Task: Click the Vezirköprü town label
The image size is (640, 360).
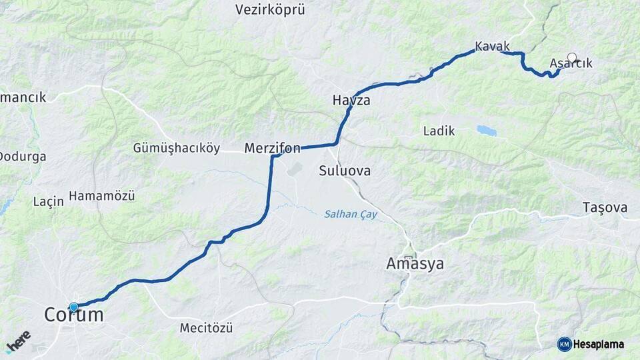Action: point(270,9)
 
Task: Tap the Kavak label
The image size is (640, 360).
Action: point(492,46)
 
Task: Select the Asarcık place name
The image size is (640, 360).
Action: point(571,63)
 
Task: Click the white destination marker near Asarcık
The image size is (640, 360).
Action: point(571,57)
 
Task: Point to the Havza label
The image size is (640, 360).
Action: point(351,101)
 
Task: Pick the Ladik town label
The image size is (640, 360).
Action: point(439,131)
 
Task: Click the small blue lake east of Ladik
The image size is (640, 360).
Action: point(486,131)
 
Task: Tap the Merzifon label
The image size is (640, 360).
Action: point(272,147)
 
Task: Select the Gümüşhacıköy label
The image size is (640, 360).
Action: point(176,147)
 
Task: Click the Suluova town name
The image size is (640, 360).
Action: point(345,171)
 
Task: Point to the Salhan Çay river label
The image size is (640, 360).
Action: point(351,214)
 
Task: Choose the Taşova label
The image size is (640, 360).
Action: point(605,207)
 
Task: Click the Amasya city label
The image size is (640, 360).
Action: point(415,264)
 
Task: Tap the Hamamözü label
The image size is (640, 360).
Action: point(102,196)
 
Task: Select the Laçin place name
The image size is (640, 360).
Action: point(48,201)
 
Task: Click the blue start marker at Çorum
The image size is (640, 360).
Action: point(73,307)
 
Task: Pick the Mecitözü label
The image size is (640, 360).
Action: point(206,328)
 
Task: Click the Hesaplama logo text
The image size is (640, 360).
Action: point(599,344)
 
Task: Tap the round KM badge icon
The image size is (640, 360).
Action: point(564,344)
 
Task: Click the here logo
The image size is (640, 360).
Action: point(18,340)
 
